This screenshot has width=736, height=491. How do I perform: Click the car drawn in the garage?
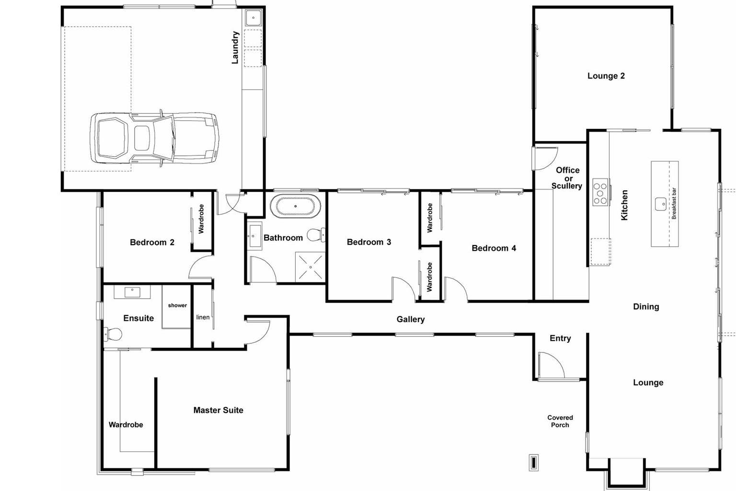154,139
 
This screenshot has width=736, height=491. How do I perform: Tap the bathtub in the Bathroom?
295,206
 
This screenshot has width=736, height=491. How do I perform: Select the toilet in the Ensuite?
114,334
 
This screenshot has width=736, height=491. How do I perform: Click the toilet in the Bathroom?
315,234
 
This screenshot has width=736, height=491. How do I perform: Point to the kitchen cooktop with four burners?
601,192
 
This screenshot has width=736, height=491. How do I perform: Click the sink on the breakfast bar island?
661,204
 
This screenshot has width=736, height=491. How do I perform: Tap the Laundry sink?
253,18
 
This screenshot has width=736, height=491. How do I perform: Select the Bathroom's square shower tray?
310,267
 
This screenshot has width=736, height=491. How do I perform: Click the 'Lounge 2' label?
606,76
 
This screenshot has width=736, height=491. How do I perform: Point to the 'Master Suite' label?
218,410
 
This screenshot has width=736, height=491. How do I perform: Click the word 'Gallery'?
411,319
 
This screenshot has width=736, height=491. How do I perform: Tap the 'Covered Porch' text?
560,421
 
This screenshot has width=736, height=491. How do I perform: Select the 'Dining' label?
646,306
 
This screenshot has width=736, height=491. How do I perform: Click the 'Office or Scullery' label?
567,178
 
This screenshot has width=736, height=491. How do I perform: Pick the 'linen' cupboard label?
203,317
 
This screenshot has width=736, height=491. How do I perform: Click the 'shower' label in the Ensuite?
177,305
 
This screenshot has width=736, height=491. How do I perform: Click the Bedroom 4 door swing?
455,289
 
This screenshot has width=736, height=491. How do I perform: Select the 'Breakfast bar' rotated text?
674,203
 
